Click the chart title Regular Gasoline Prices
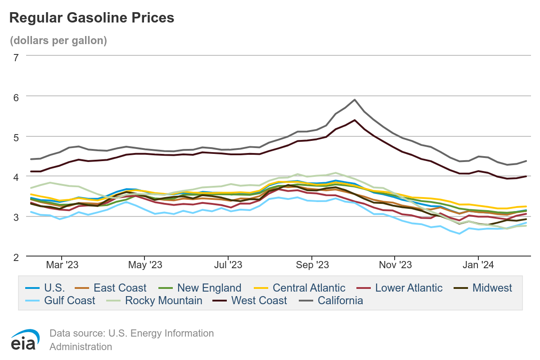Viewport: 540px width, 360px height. click(91, 18)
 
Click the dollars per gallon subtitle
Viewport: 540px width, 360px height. click(58, 40)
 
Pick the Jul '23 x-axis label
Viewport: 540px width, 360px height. click(229, 265)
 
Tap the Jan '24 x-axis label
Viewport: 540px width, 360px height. click(478, 265)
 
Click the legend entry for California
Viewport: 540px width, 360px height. click(340, 300)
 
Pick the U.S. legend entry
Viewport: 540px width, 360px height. click(54, 288)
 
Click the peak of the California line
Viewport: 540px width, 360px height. click(355, 99)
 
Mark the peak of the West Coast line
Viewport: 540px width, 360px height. click(355, 120)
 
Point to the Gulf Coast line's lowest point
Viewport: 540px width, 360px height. click(459, 234)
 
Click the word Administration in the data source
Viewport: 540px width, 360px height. click(81, 347)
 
